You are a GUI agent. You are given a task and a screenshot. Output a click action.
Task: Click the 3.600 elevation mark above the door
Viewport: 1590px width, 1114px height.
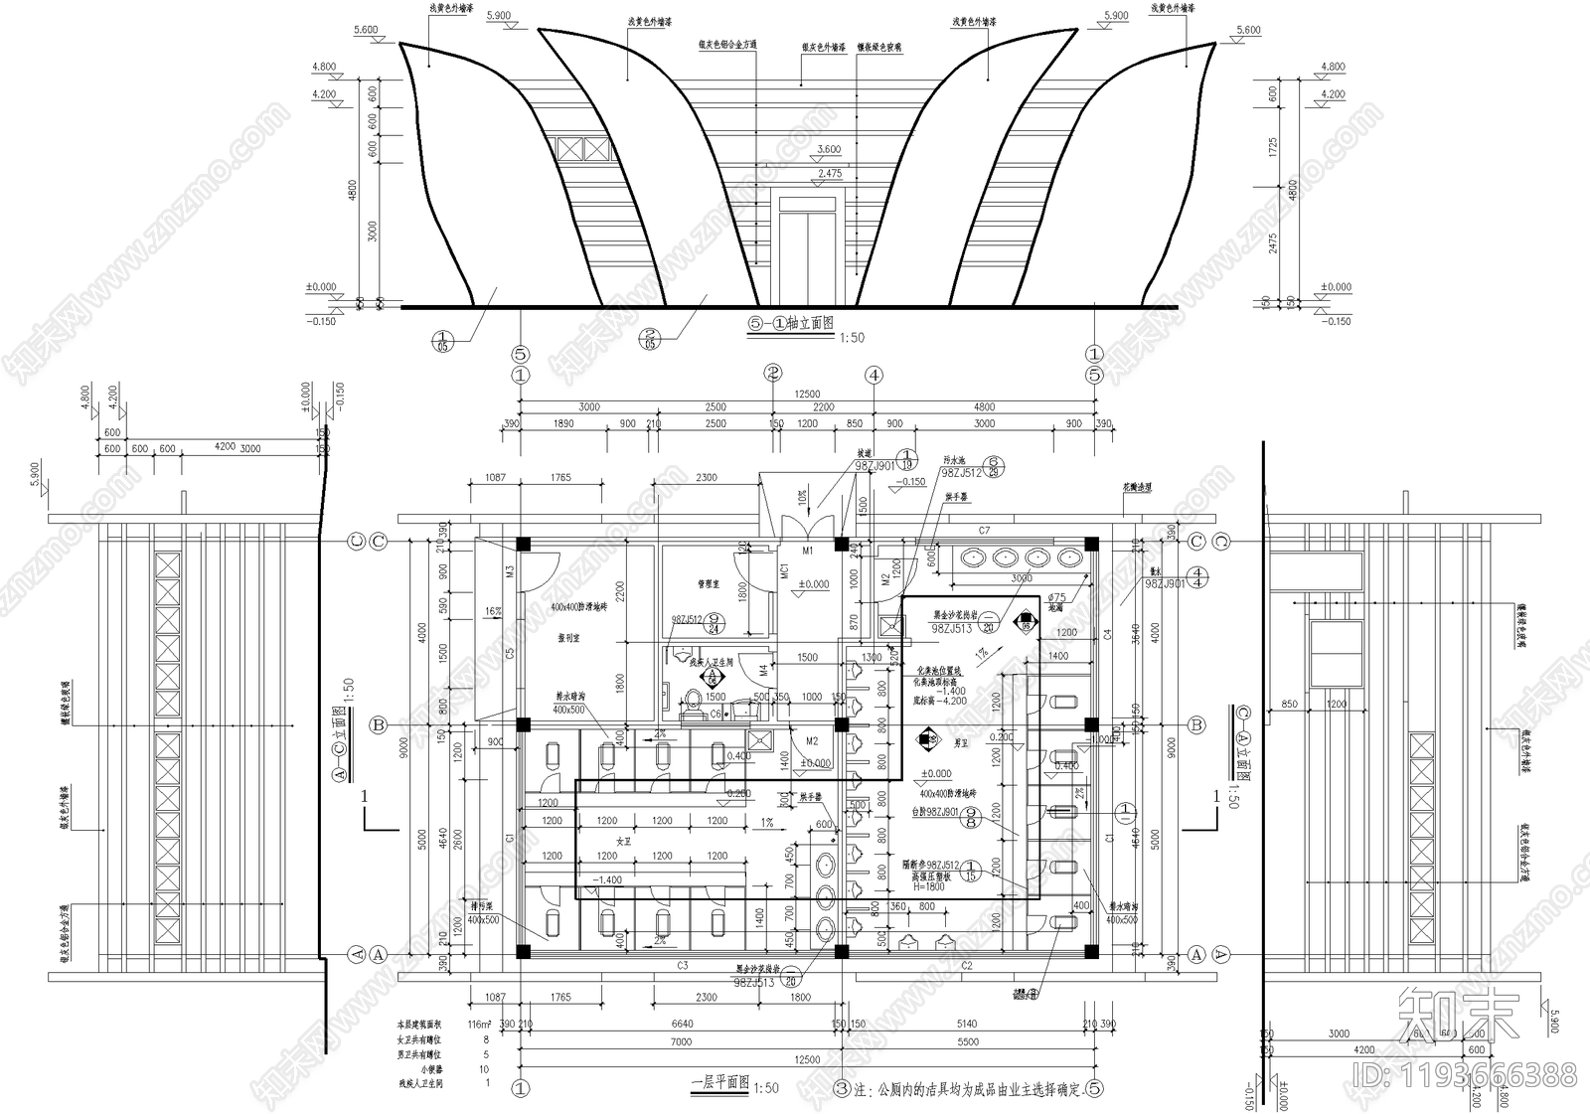(x=828, y=150)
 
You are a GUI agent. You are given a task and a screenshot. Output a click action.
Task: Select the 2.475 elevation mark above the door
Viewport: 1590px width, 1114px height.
(x=828, y=174)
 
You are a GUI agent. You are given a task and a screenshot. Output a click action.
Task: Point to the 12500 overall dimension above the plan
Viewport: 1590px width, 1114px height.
(x=807, y=395)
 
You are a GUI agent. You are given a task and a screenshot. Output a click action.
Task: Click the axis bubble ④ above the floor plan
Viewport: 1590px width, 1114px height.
(x=874, y=376)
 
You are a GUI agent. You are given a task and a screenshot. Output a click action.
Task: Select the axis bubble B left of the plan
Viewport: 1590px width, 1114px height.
(x=379, y=725)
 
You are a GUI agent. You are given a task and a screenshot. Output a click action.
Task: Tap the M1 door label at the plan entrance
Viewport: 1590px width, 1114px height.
(x=808, y=550)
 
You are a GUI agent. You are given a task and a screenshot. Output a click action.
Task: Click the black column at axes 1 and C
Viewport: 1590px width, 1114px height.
(x=523, y=544)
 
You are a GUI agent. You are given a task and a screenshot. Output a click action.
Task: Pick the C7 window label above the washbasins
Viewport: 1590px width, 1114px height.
(x=984, y=531)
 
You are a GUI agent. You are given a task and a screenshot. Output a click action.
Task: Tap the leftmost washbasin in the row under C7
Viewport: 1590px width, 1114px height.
(x=971, y=557)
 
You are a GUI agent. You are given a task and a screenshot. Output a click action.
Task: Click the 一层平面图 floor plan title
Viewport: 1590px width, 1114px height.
(x=719, y=1083)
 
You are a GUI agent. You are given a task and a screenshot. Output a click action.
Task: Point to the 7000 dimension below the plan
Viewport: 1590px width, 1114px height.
(x=681, y=1042)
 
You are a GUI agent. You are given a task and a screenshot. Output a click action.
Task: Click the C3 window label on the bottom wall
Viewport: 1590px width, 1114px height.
(x=683, y=965)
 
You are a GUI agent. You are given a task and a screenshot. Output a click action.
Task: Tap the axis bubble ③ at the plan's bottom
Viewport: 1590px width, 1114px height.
(x=842, y=1088)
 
